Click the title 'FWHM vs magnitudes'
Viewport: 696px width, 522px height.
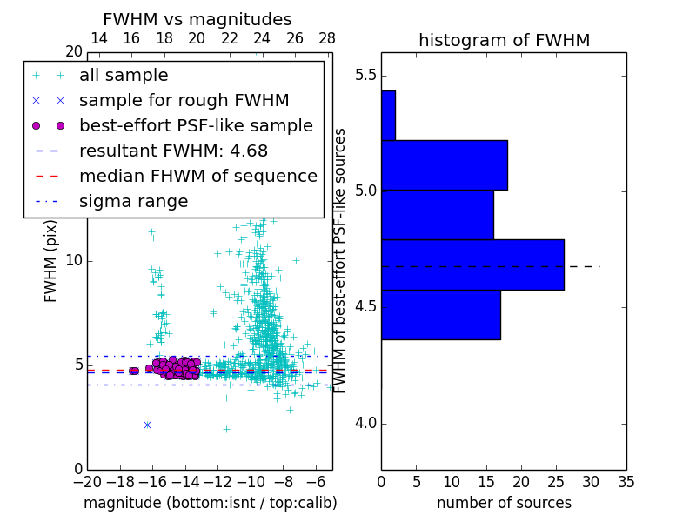point(197,19)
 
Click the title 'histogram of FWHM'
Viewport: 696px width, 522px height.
point(504,40)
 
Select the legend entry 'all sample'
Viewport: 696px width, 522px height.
point(124,76)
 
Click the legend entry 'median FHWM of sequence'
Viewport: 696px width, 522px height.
point(197,176)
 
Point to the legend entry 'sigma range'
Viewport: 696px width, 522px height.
point(133,201)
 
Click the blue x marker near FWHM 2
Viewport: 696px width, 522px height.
point(147,425)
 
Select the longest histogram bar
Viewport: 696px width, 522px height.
point(472,264)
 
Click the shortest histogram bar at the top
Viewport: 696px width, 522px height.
point(388,115)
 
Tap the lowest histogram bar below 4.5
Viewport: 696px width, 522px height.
point(440,314)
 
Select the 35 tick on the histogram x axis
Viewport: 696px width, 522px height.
point(626,481)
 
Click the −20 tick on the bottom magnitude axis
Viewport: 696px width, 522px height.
point(87,481)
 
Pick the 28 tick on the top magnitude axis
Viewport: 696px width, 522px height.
point(327,38)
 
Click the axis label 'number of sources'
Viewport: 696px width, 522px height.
point(504,503)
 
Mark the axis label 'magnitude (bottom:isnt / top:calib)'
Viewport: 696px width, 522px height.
point(210,503)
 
